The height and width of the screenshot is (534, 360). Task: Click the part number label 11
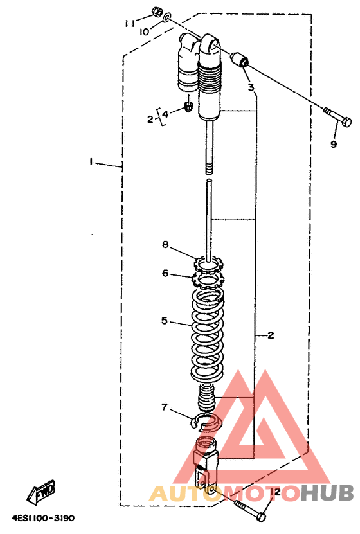coord(129,23)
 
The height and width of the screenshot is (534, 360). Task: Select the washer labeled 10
coord(167,18)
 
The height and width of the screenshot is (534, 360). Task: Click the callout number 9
coord(334,144)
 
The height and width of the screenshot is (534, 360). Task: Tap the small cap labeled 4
coord(188,106)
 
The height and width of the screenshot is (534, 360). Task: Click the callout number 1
coord(91,161)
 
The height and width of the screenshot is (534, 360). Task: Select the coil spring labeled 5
coord(207,335)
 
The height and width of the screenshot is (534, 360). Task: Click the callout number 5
coord(165,321)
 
